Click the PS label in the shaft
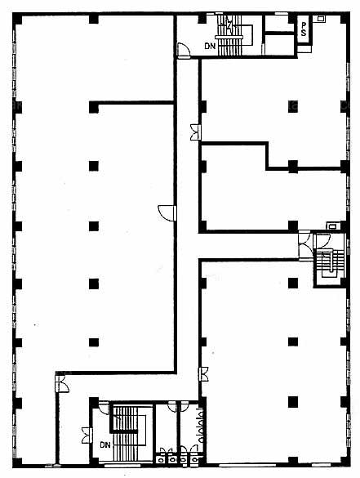304,29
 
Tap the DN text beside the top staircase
210,47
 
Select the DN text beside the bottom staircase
105,445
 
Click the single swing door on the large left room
167,212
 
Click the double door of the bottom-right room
204,374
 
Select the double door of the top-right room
195,132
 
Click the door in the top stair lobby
184,51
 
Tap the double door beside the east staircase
304,245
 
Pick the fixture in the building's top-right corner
321,19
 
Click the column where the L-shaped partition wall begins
94,107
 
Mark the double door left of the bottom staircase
87,436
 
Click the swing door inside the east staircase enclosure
323,240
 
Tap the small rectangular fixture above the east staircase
331,226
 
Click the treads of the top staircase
230,36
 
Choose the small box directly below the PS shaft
304,49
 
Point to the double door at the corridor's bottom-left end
62,384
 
